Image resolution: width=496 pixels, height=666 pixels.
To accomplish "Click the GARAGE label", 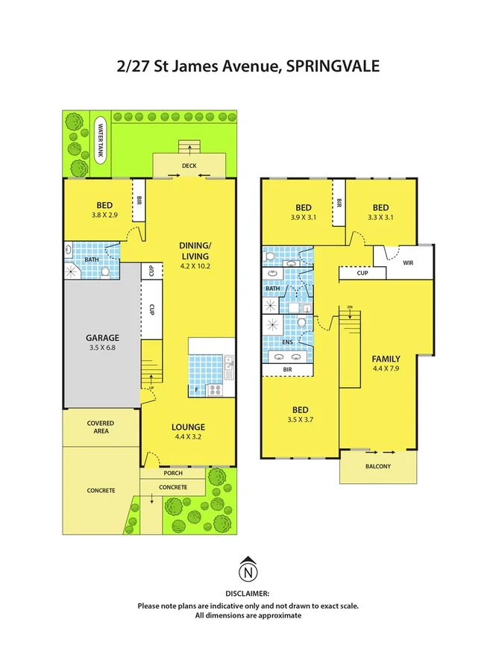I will click(99, 335).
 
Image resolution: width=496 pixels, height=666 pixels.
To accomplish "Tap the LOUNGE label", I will click(187, 427).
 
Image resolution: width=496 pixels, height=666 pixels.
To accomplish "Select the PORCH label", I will click(172, 474).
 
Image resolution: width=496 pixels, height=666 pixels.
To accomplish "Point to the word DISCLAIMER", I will click(248, 594).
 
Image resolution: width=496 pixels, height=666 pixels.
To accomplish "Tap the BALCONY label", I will click(377, 466).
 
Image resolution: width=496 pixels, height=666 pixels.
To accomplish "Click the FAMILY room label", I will click(386, 358).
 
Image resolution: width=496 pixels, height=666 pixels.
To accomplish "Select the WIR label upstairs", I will click(407, 263).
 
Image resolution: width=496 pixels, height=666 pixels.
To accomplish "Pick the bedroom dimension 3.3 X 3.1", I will click(380, 218).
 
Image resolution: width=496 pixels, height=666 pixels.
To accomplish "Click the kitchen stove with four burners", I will click(216, 389).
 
